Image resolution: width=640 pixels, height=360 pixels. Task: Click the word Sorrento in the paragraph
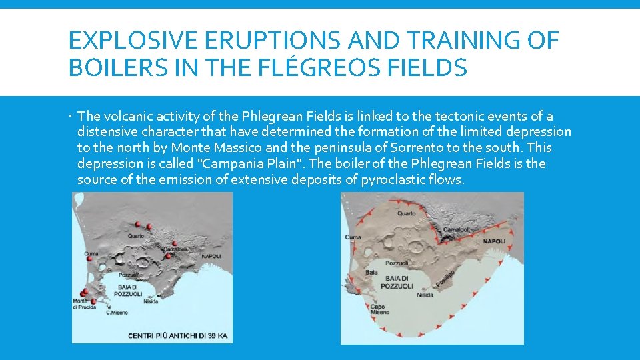(x=435, y=147)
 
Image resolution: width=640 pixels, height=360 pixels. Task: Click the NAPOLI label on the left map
(x=211, y=256)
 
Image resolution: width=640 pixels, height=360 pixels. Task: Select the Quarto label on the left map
(x=136, y=235)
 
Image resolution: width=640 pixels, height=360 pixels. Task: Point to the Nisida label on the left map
(x=151, y=301)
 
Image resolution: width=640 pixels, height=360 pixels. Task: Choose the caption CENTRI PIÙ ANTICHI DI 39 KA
(x=178, y=335)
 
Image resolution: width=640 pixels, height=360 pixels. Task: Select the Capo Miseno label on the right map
(x=378, y=309)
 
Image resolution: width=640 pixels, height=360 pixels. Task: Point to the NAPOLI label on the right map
(x=495, y=241)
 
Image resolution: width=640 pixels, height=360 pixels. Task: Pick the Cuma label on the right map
(x=353, y=237)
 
